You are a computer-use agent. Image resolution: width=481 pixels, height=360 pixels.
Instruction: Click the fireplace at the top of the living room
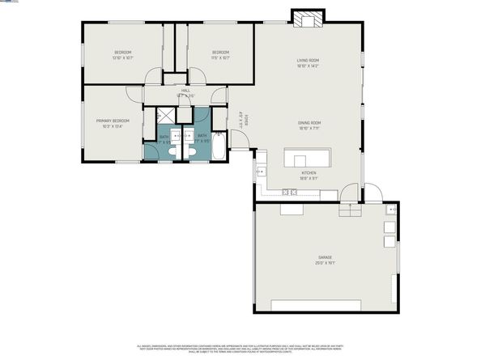click(308, 19)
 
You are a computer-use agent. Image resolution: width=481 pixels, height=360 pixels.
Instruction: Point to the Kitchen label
click(309, 173)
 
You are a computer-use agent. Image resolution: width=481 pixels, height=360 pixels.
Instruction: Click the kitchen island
click(307, 156)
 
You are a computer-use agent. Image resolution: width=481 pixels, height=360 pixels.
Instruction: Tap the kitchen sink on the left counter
click(260, 172)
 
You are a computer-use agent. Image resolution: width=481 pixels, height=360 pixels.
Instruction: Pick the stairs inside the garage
click(348, 210)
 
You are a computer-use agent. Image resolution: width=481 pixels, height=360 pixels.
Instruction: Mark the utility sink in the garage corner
click(392, 210)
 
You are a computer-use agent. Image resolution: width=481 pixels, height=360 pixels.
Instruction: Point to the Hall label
click(185, 91)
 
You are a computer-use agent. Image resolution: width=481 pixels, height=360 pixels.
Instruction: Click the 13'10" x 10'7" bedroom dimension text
click(122, 57)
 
